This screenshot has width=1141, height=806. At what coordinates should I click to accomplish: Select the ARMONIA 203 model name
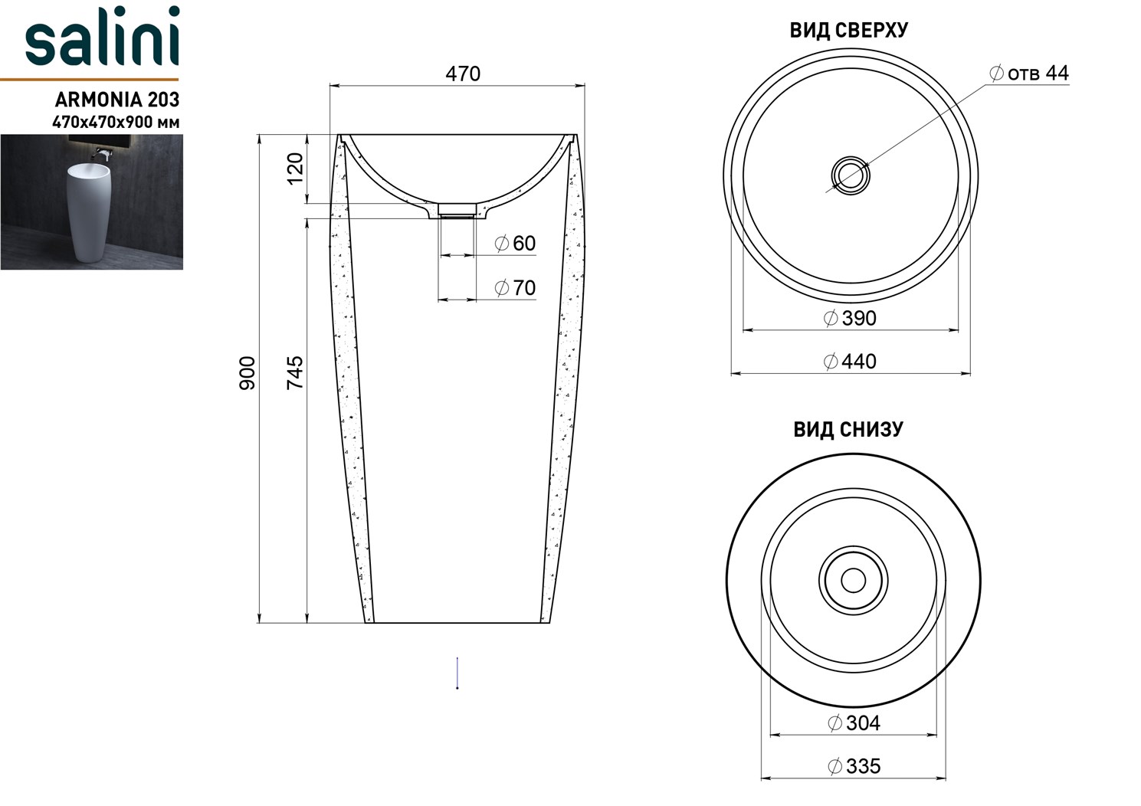(117, 100)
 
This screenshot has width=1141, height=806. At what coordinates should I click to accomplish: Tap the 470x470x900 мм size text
(116, 122)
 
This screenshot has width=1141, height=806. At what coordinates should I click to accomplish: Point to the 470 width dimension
(463, 74)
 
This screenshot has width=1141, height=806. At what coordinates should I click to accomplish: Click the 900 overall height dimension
(247, 373)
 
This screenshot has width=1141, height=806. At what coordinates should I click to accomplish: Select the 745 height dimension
(295, 372)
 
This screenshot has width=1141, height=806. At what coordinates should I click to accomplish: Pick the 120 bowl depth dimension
(295, 169)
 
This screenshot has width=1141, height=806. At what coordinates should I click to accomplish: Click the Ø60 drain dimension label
(515, 244)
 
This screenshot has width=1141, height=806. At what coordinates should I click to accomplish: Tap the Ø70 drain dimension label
(515, 288)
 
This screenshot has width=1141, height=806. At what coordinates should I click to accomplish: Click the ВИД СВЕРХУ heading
(848, 31)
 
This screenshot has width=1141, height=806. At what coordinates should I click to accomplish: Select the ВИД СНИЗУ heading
(848, 430)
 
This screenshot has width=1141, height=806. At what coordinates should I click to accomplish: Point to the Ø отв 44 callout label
(1029, 74)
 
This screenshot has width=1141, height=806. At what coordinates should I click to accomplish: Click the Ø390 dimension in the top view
(850, 318)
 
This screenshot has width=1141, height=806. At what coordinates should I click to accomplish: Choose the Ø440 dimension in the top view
(850, 362)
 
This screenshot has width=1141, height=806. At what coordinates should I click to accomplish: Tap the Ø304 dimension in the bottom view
(854, 722)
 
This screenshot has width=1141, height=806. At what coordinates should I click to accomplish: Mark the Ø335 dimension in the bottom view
(854, 766)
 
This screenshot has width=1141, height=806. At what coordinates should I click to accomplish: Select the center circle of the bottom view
(853, 580)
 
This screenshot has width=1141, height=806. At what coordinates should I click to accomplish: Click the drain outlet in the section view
(457, 211)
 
